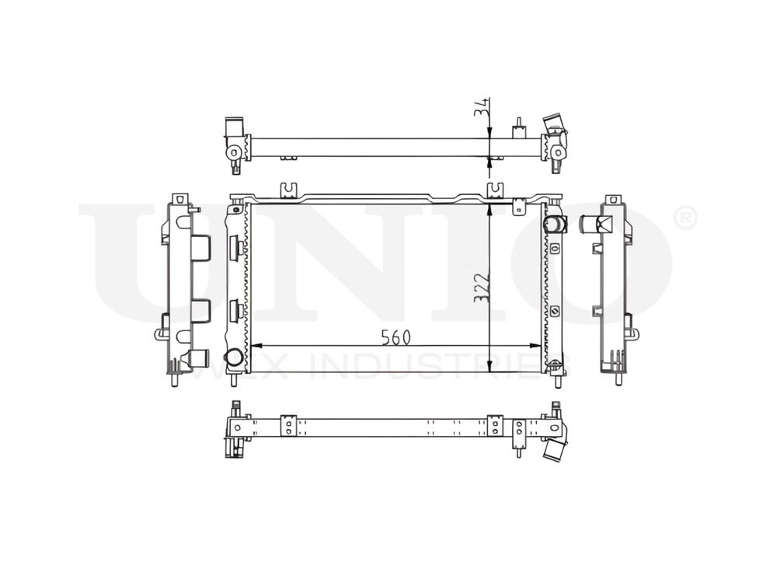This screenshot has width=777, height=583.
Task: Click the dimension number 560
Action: [x=395, y=337]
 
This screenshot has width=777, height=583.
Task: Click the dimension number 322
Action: [x=482, y=287]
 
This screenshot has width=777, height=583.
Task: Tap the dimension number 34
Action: [x=482, y=108]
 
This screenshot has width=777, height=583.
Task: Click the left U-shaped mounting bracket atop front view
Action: [x=287, y=190]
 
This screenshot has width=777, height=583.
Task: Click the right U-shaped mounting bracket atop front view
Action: [x=494, y=190]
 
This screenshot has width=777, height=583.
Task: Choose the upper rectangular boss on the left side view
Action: [x=200, y=248]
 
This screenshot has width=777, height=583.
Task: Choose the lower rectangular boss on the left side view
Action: [x=200, y=310]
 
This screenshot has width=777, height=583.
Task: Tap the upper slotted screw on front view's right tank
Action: [x=556, y=249]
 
